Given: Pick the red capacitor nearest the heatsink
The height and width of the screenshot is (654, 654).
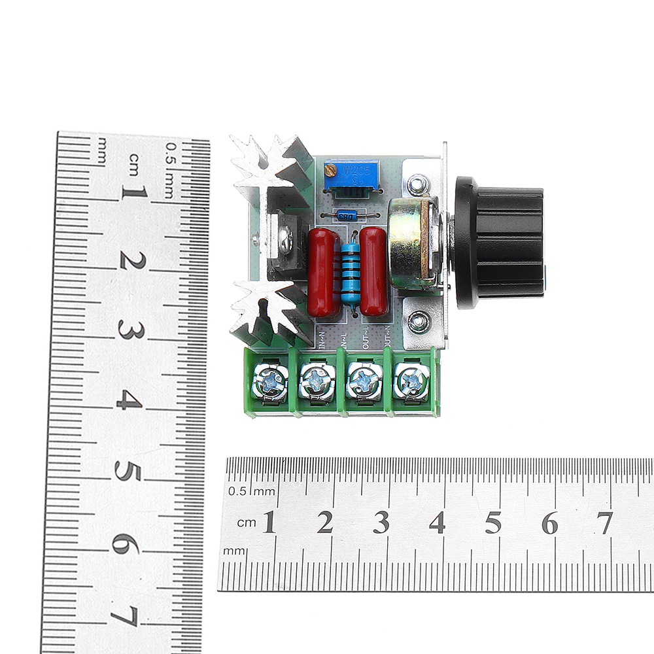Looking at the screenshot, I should [323, 271].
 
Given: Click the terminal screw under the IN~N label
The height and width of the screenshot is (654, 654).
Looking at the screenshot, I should [272, 381].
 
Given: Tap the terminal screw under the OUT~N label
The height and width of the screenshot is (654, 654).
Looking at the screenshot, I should [411, 381].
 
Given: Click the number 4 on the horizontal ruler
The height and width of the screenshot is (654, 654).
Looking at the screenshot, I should [437, 523].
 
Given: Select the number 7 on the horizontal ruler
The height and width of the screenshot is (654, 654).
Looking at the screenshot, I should [604, 523].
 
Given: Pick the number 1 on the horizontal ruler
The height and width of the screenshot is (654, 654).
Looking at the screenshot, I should [269, 523].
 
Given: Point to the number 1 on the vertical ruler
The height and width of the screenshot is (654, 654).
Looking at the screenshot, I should [133, 193].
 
